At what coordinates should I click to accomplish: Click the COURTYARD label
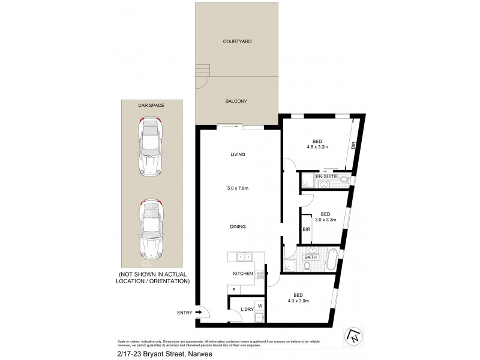[x=237, y=41]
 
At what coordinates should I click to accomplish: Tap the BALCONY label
[x=237, y=101]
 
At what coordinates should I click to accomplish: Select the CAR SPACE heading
[x=151, y=105]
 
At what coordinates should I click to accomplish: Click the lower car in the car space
[x=151, y=227]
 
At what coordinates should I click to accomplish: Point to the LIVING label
[x=238, y=154]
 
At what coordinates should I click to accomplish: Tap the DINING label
[x=238, y=226]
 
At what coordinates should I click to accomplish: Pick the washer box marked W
[x=259, y=305]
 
